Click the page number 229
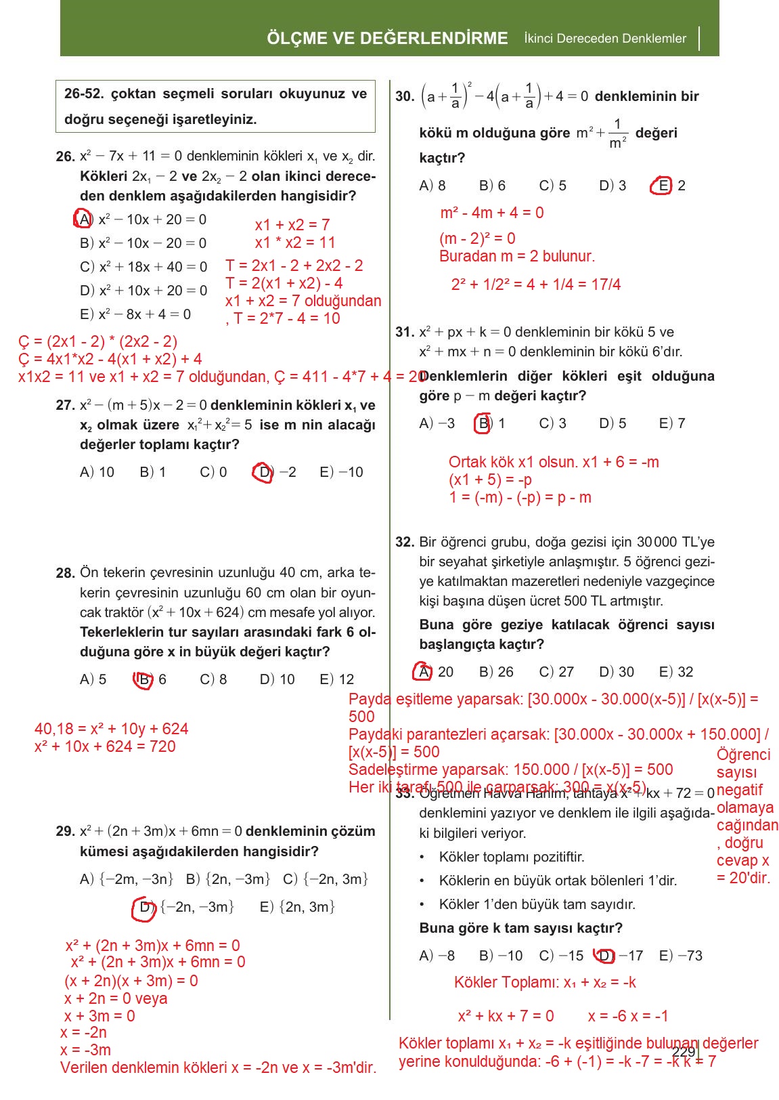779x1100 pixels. click(684, 1051)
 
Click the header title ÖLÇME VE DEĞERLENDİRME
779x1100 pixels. click(387, 39)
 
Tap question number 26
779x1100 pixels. click(65, 156)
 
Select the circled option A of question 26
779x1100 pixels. click(83, 219)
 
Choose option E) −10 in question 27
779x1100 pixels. click(341, 472)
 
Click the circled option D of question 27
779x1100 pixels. click(263, 472)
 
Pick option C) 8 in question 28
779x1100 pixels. click(213, 679)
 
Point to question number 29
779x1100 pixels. click(65, 832)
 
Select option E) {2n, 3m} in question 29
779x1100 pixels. click(297, 907)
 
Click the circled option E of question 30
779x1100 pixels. click(661, 186)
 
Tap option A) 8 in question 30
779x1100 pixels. click(432, 186)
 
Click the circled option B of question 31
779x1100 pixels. click(483, 423)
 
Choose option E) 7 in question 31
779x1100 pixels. click(672, 423)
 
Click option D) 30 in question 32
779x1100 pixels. click(616, 672)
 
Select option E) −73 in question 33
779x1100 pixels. click(680, 956)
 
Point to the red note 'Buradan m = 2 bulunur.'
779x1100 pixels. click(517, 257)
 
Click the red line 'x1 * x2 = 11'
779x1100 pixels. click(295, 242)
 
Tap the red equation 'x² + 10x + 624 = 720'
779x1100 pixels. click(105, 746)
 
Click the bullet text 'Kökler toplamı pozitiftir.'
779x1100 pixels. click(512, 857)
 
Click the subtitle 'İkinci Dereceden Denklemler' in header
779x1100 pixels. click(605, 39)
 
